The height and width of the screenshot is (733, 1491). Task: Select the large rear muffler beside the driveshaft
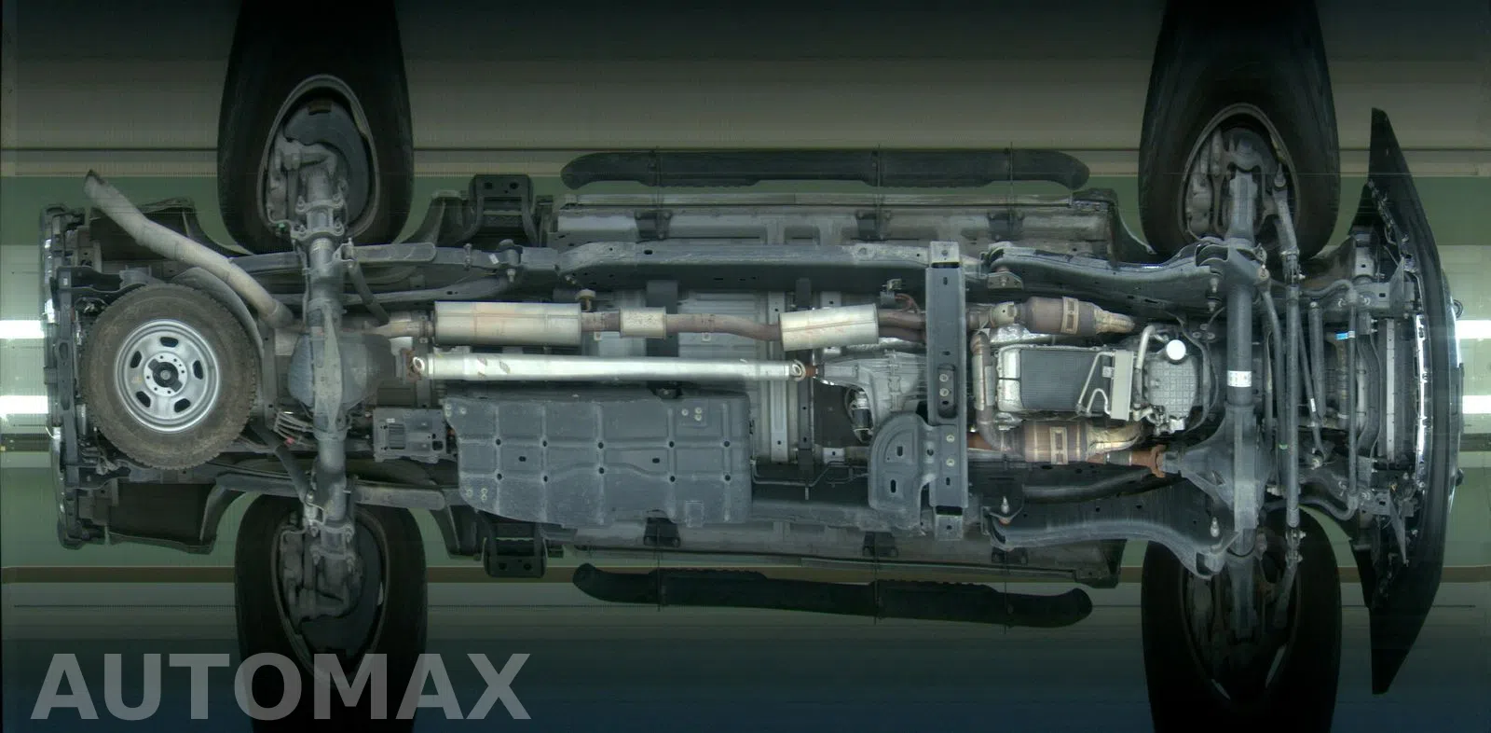(507, 324)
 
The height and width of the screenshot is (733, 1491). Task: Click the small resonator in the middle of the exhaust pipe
(642, 323)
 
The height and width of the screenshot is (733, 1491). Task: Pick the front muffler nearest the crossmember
(829, 325)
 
